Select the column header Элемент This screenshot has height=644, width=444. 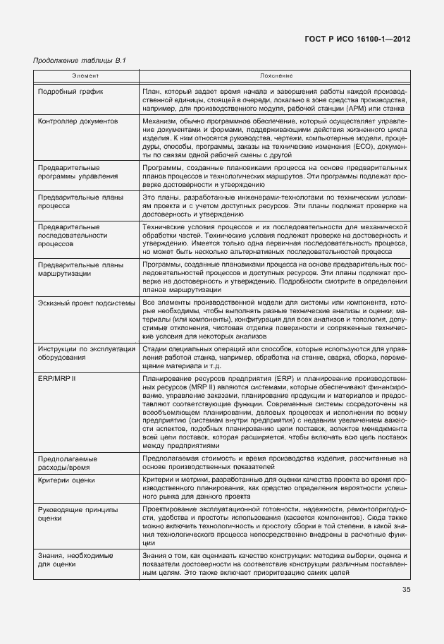coord(85,75)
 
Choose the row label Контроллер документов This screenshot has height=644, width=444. coord(78,121)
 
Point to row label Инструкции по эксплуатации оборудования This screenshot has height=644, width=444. coord(86,352)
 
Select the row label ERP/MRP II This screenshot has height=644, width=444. coord(58,379)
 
